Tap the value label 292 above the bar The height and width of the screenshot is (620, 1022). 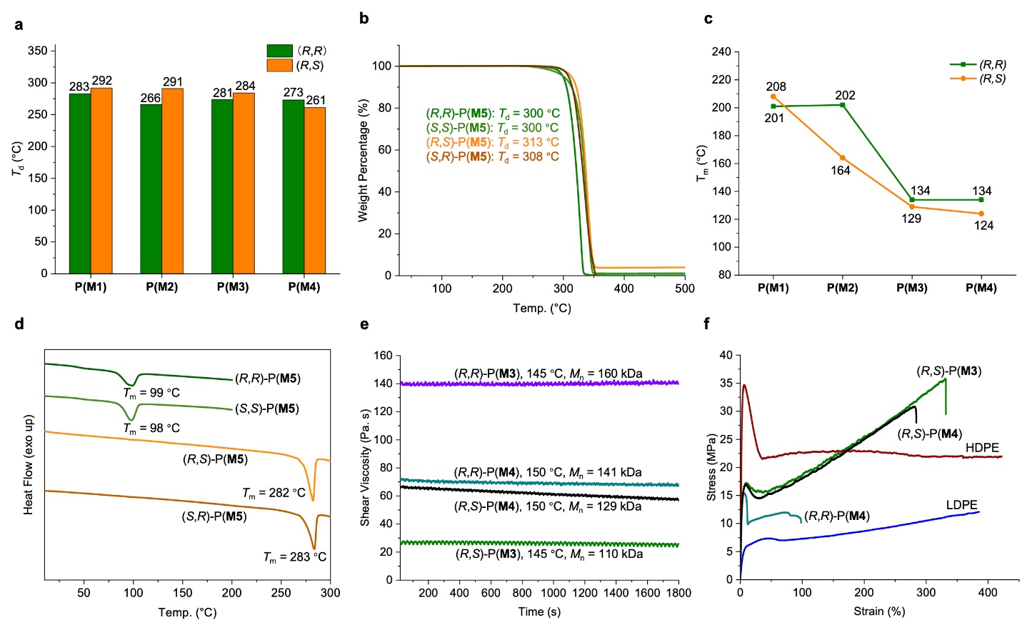(101, 81)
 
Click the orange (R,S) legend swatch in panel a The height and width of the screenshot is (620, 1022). (279, 65)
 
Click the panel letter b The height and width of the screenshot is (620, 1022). (364, 19)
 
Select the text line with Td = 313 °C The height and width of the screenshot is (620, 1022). (492, 142)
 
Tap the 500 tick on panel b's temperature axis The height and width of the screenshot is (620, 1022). (684, 289)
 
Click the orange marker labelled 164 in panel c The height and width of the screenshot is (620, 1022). (843, 158)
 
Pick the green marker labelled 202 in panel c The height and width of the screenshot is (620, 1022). (843, 105)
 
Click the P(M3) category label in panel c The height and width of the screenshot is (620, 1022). (912, 289)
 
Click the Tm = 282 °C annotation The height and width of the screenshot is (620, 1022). (274, 493)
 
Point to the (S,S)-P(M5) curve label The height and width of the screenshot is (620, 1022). (266, 409)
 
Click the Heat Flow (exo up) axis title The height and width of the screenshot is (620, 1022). (29, 464)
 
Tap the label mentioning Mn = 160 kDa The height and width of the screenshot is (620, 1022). (548, 374)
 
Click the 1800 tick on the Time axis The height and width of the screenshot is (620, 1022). (678, 593)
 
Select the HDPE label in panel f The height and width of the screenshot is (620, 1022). (982, 448)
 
